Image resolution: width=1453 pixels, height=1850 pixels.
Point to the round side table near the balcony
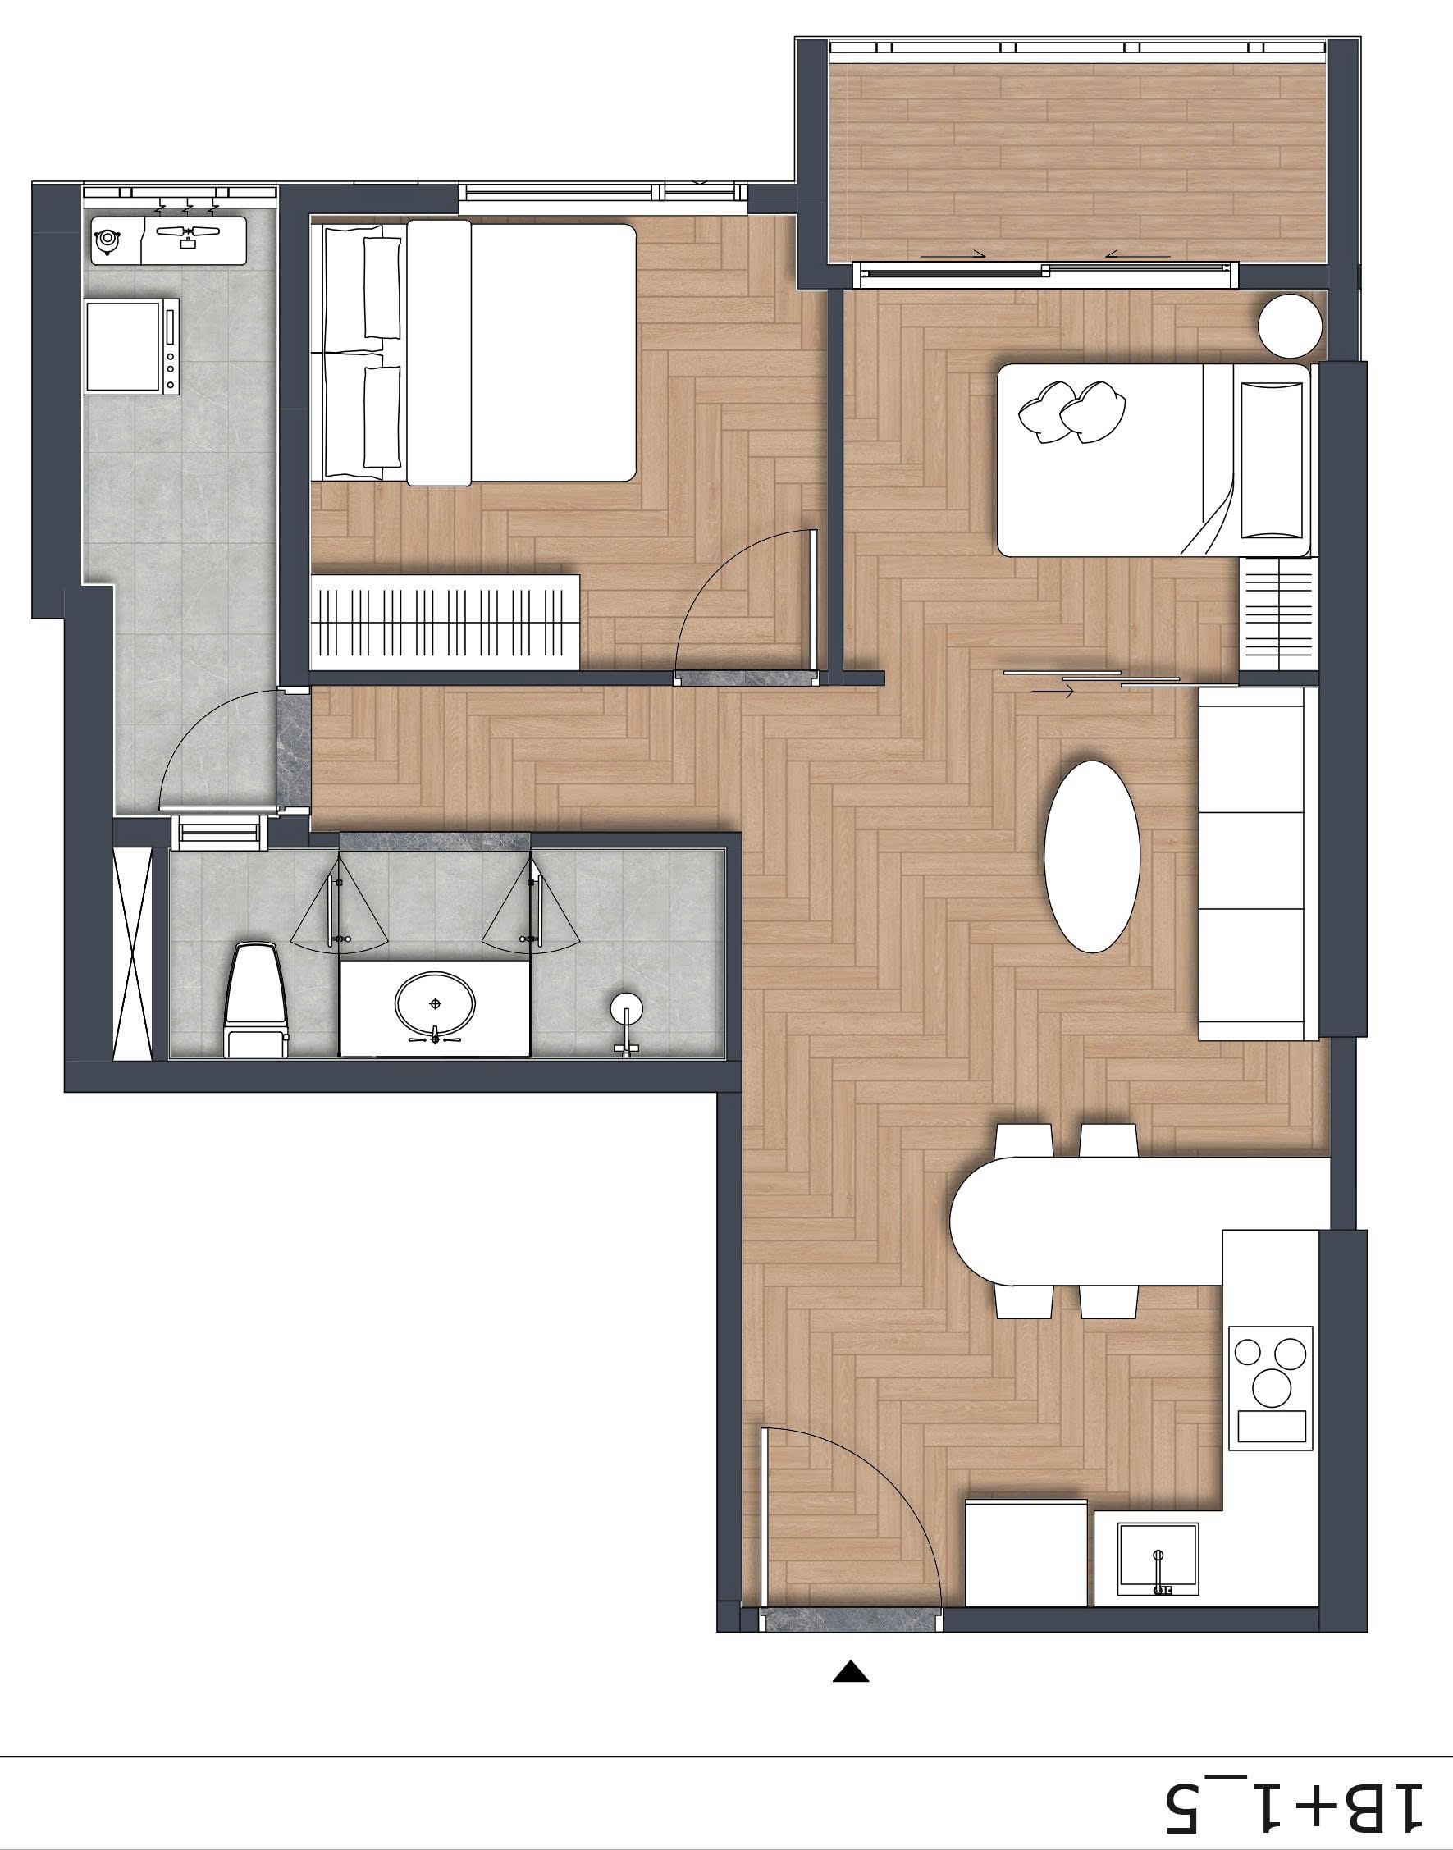(1291, 326)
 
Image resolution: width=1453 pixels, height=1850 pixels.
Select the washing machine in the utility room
(134, 346)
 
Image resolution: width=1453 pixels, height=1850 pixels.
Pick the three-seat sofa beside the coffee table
(1258, 863)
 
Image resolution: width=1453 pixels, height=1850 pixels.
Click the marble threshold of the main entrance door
(852, 1620)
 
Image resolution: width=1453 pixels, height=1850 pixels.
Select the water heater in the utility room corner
(107, 240)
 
